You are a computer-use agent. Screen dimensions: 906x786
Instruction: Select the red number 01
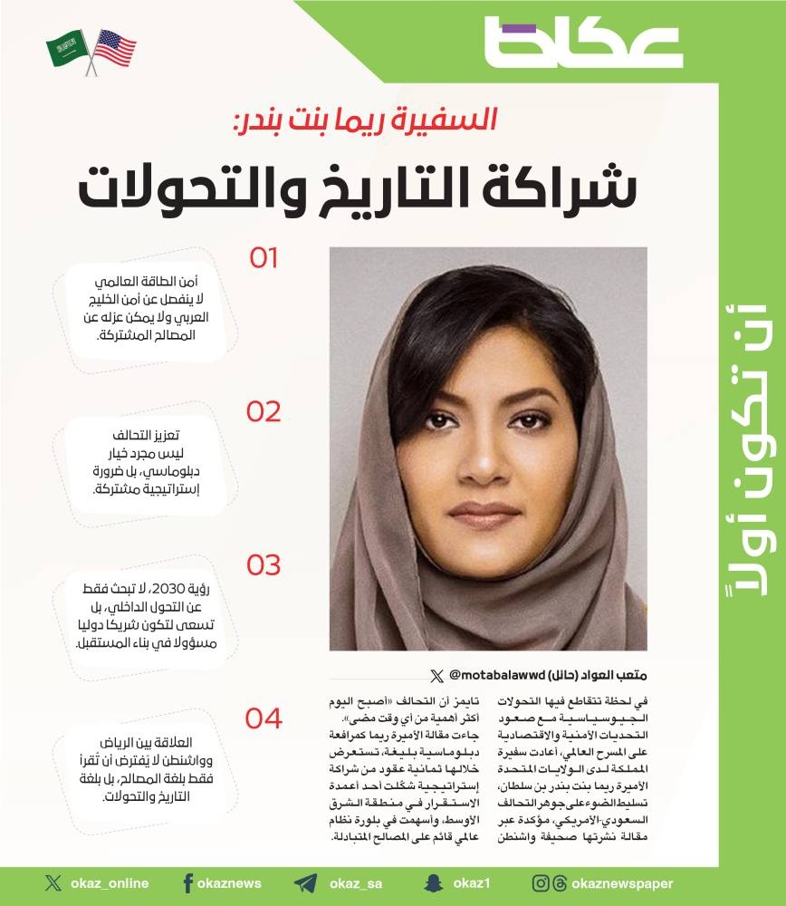pyautogui.click(x=264, y=258)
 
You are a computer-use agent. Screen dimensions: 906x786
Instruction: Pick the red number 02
pyautogui.click(x=264, y=412)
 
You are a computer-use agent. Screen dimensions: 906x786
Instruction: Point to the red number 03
pyautogui.click(x=264, y=565)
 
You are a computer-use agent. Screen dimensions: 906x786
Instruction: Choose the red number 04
pyautogui.click(x=264, y=718)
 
